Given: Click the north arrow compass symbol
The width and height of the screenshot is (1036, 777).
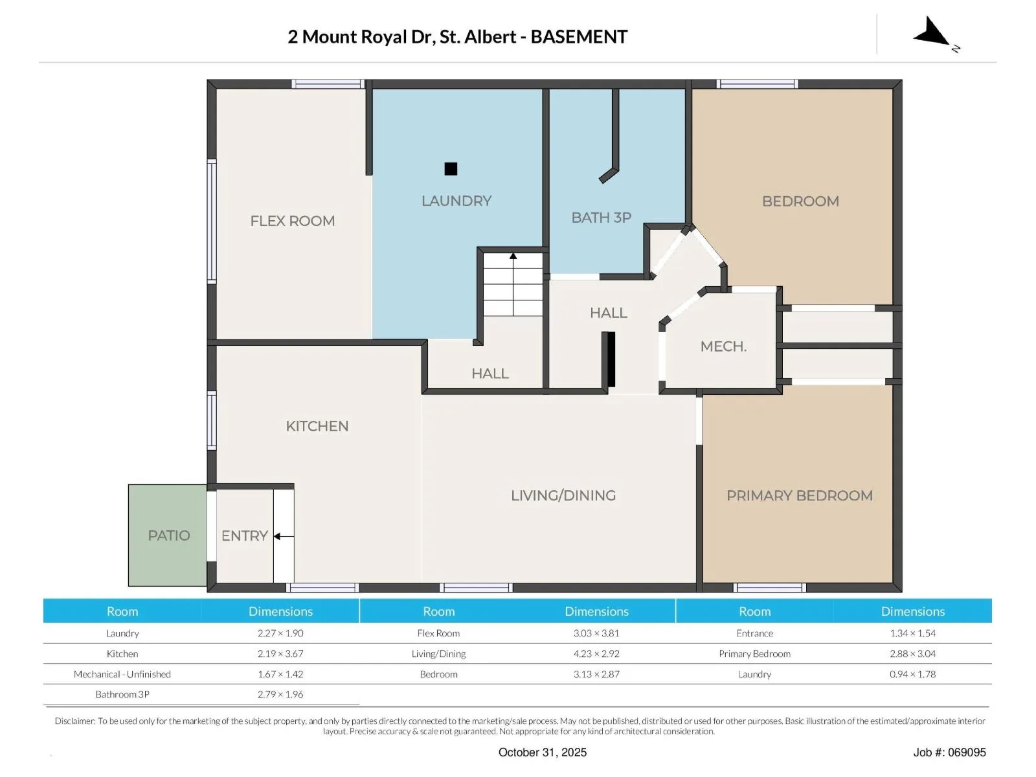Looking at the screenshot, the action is [932, 32].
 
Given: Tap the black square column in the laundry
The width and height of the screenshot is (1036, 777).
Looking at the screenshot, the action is [451, 168].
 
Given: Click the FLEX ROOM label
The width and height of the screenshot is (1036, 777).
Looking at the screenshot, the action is [292, 221].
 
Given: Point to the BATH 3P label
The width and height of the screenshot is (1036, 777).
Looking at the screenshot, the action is [601, 218].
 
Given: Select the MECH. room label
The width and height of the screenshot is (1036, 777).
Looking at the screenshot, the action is [723, 346].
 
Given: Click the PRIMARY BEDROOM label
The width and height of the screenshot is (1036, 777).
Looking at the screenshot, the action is [800, 495].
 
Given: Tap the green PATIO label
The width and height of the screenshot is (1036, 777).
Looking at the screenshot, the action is [168, 535].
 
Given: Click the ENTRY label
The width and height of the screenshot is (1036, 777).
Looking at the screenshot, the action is [244, 536].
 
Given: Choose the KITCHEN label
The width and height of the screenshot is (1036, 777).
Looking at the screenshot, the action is [317, 426].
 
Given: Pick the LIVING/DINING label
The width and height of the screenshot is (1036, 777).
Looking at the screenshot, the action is [563, 495].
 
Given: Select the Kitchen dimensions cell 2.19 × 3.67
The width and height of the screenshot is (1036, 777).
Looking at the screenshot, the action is [280, 653].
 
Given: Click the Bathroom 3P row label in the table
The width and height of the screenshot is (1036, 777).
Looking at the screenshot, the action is [122, 694].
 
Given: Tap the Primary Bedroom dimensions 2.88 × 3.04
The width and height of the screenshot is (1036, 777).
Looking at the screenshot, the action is [912, 653].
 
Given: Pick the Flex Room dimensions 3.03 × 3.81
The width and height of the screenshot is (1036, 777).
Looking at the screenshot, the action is [596, 633].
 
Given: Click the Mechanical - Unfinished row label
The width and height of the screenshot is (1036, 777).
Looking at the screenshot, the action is [122, 673].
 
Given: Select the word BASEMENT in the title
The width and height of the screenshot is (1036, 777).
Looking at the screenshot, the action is [579, 37].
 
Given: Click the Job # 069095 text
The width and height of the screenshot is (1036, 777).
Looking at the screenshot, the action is [949, 752].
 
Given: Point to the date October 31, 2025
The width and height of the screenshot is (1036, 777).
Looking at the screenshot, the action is [543, 752].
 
